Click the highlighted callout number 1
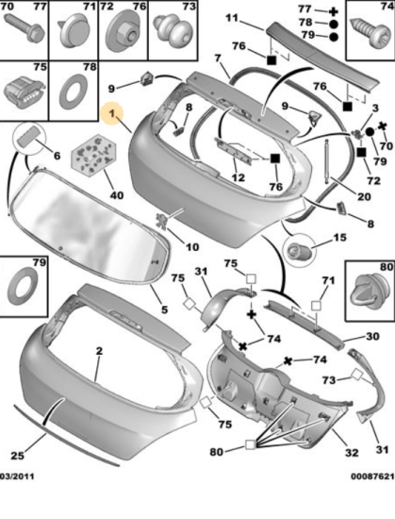coord(112,113)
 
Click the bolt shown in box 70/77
coord(25,29)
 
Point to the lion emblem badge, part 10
coord(162,221)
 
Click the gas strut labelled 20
coord(327,160)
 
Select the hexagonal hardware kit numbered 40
coord(93,155)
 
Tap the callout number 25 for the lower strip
coord(18,456)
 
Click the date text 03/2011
coord(17,477)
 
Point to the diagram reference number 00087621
coord(372,477)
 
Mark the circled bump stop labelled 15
coord(299,251)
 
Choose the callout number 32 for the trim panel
coord(352,452)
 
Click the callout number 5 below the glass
coord(165,310)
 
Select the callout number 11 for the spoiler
coord(232,17)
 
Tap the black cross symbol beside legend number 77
coord(334,12)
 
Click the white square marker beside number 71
coord(317,306)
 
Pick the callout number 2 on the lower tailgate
coord(100,351)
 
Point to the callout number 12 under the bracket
coord(238,177)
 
